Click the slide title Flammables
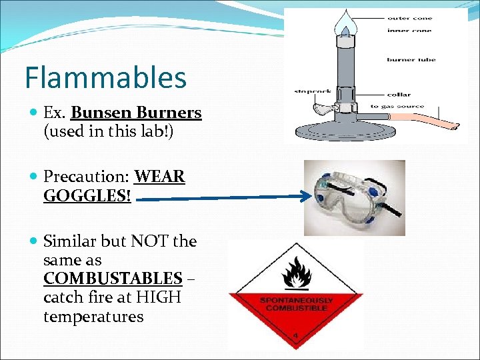point(105,77)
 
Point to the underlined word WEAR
point(159,177)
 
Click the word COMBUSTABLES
point(113,278)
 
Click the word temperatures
point(93,316)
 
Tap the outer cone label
point(409,18)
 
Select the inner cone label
point(409,31)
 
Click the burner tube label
point(411,59)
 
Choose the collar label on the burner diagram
point(399,95)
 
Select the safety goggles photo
point(354,198)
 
